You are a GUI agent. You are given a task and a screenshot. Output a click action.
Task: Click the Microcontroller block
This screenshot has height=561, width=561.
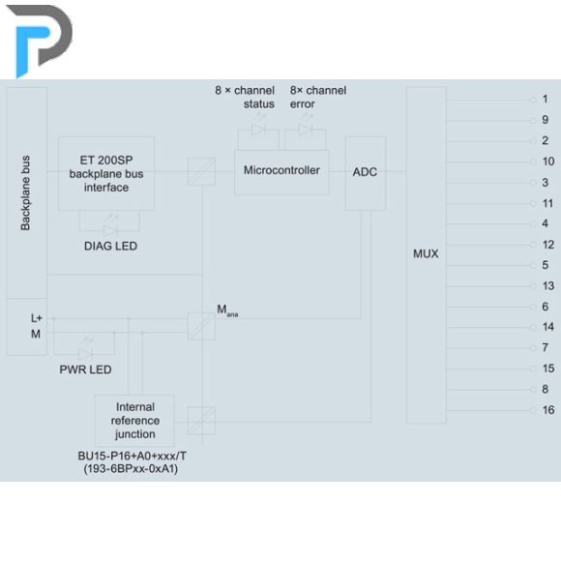pyautogui.click(x=281, y=172)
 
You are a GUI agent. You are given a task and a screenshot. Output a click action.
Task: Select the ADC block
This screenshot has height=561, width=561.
pyautogui.click(x=366, y=173)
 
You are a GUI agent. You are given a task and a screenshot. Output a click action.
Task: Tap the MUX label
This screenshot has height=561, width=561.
pyautogui.click(x=426, y=253)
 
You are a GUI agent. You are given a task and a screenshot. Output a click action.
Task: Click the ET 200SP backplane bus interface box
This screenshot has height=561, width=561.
pyautogui.click(x=106, y=173)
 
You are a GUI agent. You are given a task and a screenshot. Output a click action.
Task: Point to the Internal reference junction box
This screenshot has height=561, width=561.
pyautogui.click(x=134, y=421)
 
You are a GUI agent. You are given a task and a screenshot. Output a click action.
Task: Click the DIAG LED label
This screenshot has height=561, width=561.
pyautogui.click(x=110, y=246)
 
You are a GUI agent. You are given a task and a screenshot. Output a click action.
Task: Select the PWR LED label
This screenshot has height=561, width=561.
pyautogui.click(x=85, y=369)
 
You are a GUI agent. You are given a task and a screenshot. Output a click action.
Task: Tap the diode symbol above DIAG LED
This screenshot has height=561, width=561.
pyautogui.click(x=110, y=230)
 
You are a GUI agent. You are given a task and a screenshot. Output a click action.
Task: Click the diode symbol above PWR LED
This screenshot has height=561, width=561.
pyautogui.click(x=85, y=354)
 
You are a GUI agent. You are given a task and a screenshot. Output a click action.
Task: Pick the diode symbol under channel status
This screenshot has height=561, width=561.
pyautogui.click(x=258, y=130)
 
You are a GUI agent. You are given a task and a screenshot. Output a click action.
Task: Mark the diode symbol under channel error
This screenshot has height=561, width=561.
pyautogui.click(x=306, y=130)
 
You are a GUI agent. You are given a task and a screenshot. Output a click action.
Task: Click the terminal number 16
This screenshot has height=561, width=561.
pyautogui.click(x=548, y=410)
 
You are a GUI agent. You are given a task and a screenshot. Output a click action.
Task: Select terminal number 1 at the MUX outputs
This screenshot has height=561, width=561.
pyautogui.click(x=545, y=99)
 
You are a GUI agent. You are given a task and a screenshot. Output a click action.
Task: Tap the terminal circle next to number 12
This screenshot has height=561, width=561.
pyautogui.click(x=533, y=245)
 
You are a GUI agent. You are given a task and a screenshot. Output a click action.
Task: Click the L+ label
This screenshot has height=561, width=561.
pyautogui.click(x=37, y=318)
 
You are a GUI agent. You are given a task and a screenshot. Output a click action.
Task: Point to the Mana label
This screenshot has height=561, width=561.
pyautogui.click(x=227, y=310)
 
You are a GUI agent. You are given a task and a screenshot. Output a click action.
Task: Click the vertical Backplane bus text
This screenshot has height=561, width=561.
pyautogui.click(x=25, y=192)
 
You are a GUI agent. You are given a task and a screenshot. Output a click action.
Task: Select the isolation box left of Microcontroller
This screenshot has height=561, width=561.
pyautogui.click(x=201, y=172)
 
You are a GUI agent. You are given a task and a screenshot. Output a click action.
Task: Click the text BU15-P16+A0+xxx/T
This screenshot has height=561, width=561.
pyautogui.click(x=132, y=457)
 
